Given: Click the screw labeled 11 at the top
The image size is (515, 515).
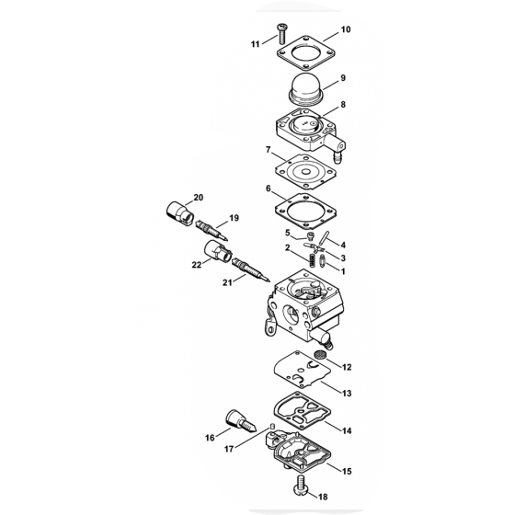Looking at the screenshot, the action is [281, 34].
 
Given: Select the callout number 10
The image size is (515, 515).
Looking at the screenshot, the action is [346, 29].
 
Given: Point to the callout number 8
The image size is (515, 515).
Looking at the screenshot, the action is [343, 105].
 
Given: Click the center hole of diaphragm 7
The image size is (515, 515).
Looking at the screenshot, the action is [305, 172].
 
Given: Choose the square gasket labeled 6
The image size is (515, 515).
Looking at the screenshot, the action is [305, 212].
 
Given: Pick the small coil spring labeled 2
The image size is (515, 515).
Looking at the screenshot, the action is [312, 260].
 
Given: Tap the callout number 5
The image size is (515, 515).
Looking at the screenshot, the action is [288, 234].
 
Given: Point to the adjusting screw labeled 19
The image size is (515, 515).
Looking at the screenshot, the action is [212, 230].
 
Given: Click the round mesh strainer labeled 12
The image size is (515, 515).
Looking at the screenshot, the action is [318, 355].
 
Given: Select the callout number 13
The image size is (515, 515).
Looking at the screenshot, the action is [347, 394].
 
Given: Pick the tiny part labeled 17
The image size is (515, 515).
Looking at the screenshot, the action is [272, 426].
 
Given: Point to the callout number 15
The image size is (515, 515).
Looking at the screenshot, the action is [347, 471].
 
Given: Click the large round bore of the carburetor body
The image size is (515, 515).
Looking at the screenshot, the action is [291, 315].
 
